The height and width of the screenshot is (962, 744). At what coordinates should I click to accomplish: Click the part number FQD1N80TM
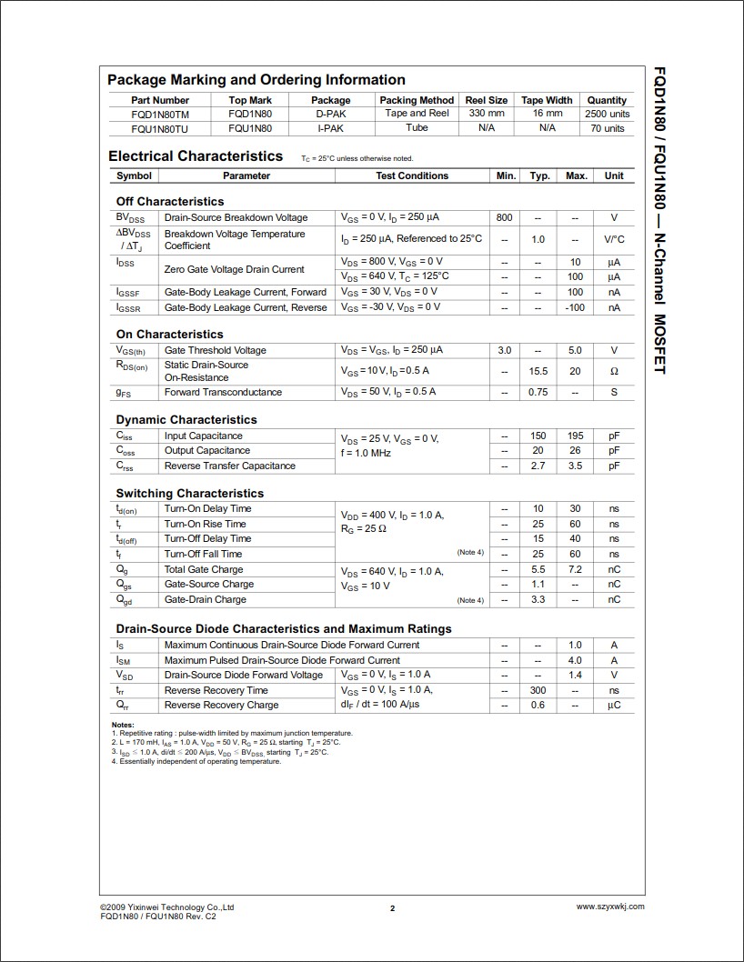[160, 114]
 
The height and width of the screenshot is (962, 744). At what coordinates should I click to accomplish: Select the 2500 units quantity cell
[607, 115]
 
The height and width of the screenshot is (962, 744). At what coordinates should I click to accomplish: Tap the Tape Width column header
[547, 100]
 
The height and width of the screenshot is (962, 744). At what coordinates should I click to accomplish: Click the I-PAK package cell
[330, 128]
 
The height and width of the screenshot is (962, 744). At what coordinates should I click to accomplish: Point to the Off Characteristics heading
[170, 201]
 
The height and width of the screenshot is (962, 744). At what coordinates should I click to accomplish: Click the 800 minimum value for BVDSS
[505, 217]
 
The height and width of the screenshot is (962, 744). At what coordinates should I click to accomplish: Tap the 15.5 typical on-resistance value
[538, 371]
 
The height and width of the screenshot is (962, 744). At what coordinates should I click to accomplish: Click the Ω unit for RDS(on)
[614, 371]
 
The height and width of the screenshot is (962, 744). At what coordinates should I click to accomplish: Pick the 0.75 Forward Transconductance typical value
[538, 392]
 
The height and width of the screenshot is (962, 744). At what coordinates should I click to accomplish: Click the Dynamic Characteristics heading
[186, 419]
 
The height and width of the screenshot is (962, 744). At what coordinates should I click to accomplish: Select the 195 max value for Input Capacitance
[575, 436]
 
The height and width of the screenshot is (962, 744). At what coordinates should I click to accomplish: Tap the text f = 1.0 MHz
[370, 452]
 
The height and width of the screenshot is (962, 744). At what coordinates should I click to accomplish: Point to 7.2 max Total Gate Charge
[575, 569]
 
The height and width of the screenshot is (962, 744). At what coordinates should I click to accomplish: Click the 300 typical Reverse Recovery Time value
[538, 690]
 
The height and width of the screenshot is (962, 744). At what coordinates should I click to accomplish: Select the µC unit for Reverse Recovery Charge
[614, 705]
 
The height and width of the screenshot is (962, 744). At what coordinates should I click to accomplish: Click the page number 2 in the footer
[392, 907]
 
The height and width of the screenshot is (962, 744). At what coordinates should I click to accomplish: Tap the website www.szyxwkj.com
[610, 906]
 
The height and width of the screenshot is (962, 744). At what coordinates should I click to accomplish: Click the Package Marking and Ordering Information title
[256, 79]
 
